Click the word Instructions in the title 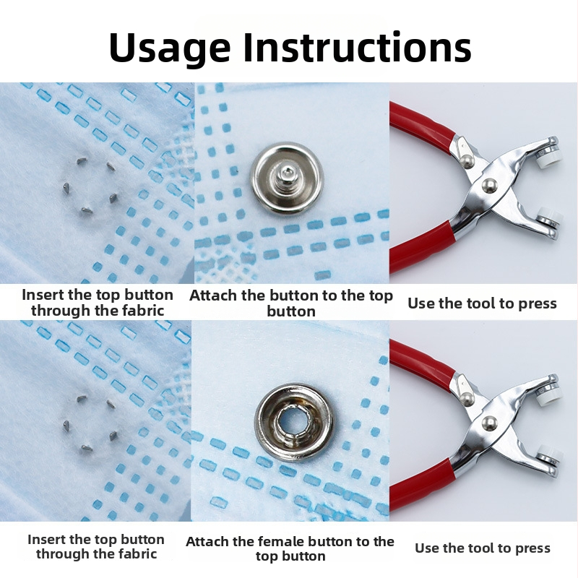coord(357,47)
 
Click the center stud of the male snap coord(286,176)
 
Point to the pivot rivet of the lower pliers coord(489,423)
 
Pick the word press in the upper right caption coord(537,304)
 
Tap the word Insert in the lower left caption coord(46,539)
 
